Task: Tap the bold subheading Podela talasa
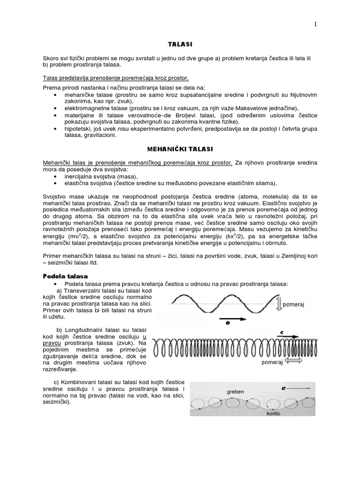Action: (62, 277)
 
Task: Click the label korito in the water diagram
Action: (273, 414)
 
